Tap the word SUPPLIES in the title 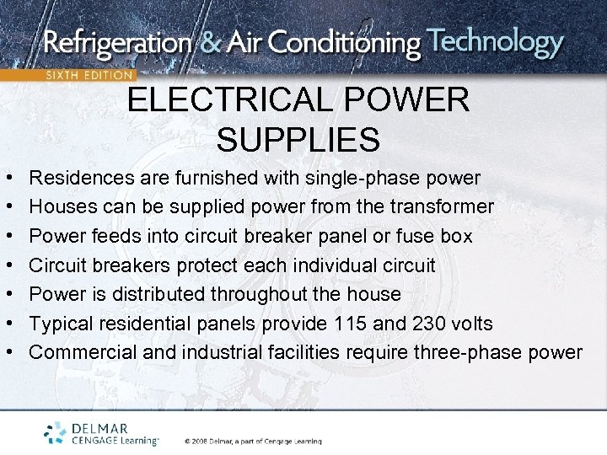[298, 139]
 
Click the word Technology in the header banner [495, 41]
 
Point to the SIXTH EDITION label [89, 75]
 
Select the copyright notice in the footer [253, 441]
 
